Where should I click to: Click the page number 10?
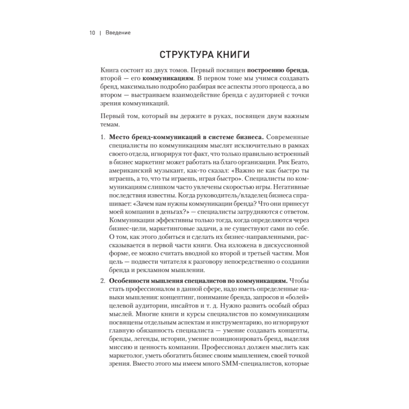[92, 33]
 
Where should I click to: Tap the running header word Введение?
[118, 33]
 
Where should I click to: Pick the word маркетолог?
[128, 355]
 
